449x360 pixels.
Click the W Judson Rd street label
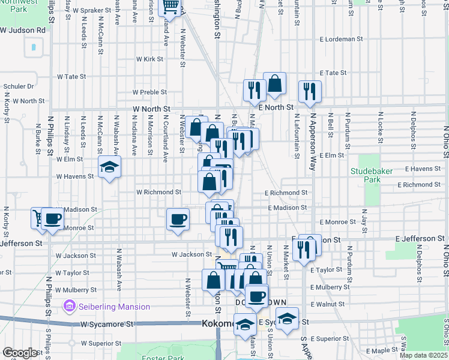coord(23,29)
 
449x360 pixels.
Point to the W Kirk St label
coord(150,59)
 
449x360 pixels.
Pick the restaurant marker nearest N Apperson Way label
coord(310,91)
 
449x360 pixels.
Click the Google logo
coord(20,353)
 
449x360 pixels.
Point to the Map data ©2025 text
coord(423,355)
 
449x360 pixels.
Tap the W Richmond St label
coord(159,193)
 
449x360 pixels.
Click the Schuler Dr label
coord(19,86)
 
